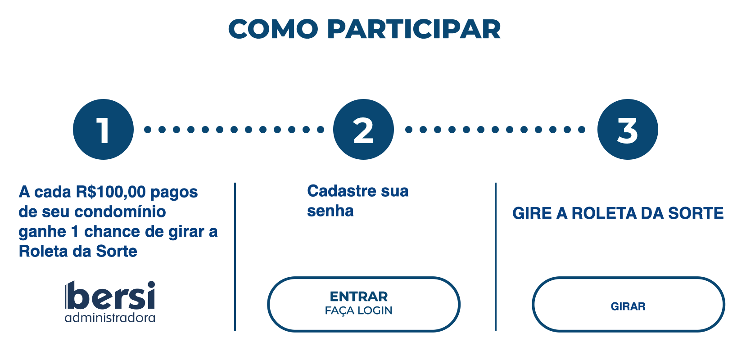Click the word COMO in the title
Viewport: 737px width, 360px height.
tap(273, 30)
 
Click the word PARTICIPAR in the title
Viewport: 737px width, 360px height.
tap(413, 30)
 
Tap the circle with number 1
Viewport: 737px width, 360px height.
tap(103, 130)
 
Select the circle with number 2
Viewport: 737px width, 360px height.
tap(363, 130)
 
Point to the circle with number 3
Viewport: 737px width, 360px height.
tap(628, 130)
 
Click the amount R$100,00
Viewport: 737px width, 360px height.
tap(111, 192)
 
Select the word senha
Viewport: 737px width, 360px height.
tap(330, 211)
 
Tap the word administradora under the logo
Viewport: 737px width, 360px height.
tap(110, 318)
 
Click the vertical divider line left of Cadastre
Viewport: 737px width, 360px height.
tap(235, 256)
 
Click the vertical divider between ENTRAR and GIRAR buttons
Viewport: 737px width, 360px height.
tap(496, 256)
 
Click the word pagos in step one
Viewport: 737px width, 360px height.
tap(174, 192)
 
